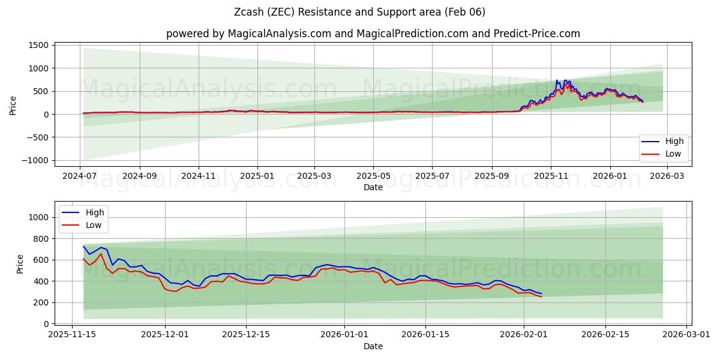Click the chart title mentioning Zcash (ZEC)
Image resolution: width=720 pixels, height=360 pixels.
360,12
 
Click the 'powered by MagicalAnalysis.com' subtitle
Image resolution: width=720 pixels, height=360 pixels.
373,34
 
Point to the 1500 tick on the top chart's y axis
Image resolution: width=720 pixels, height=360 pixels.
37,45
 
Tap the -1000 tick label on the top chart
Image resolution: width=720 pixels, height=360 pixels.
34,160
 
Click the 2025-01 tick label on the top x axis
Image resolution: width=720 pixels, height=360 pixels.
257,177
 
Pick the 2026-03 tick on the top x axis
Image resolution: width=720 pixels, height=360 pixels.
668,177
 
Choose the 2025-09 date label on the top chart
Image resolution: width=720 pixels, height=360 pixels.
492,177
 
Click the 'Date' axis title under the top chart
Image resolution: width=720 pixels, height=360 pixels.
373,187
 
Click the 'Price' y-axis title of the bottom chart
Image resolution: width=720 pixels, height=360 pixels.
20,263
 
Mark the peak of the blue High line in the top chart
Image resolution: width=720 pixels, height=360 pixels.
557,80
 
